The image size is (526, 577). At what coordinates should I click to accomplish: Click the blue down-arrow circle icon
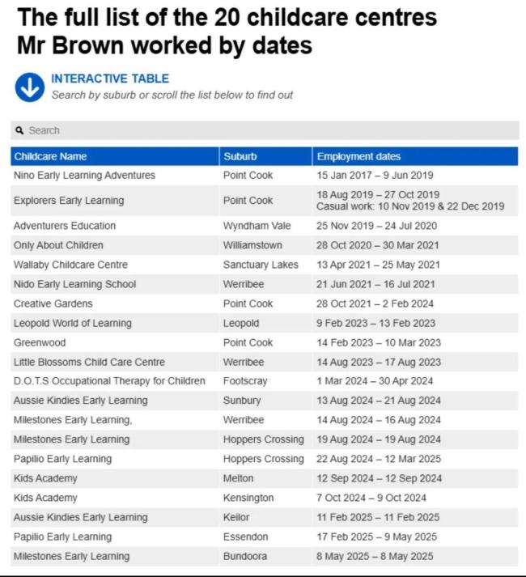click(x=29, y=87)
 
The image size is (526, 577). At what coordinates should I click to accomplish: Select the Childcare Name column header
click(x=50, y=156)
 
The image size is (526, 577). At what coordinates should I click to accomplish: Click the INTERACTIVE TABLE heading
click(x=110, y=78)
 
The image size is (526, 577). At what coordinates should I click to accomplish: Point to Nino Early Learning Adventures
click(x=84, y=176)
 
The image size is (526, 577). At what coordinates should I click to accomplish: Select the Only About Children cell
click(x=58, y=245)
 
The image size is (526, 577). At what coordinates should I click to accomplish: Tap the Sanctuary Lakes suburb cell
click(x=261, y=265)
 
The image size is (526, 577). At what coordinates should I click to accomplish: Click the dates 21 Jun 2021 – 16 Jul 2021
click(x=375, y=284)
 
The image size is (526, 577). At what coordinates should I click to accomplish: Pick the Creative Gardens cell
click(x=53, y=303)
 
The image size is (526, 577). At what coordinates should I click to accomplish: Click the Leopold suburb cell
click(x=241, y=323)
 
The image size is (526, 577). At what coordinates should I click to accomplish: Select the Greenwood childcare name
click(x=40, y=342)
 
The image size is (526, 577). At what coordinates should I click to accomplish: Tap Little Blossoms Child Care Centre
click(x=89, y=362)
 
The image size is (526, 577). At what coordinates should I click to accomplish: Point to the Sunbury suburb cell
click(x=242, y=401)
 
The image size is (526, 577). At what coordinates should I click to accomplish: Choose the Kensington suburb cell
click(x=248, y=498)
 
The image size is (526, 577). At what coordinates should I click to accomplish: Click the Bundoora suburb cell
click(x=245, y=556)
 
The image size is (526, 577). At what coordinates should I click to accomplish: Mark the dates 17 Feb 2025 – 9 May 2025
click(x=376, y=537)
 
